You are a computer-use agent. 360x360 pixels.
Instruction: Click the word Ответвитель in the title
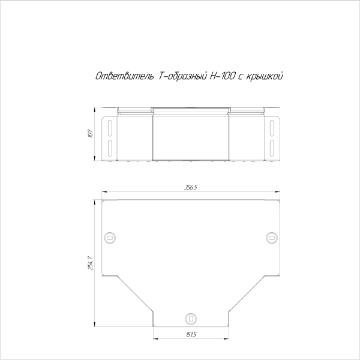pos(124,76)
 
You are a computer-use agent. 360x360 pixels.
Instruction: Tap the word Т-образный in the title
pos(182,76)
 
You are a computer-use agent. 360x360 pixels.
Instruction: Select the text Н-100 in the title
pos(222,76)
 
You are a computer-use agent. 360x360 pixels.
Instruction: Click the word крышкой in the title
pos(265,76)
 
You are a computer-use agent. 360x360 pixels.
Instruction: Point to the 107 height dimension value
pos(91,133)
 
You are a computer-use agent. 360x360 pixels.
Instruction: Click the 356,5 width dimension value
pos(191,187)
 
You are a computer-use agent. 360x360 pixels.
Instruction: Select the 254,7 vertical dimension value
pos(91,263)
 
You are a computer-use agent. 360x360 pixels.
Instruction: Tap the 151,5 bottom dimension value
pos(191,335)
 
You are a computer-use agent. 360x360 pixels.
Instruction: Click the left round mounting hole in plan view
pos(110,238)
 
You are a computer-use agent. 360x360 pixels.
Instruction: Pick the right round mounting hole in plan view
pos(272,238)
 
